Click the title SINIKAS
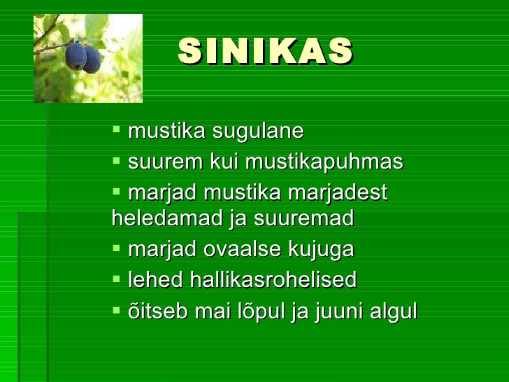(x=265, y=51)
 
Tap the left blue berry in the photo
(x=76, y=56)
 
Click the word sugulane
(x=258, y=132)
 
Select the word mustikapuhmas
(x=324, y=162)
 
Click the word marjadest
(x=338, y=192)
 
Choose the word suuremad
(x=304, y=218)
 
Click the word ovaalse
(x=242, y=250)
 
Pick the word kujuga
(x=321, y=250)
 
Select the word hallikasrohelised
(x=273, y=280)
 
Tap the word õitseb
(x=158, y=311)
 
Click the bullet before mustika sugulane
(x=116, y=129)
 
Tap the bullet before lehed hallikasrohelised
(x=116, y=278)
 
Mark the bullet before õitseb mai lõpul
(x=116, y=309)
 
